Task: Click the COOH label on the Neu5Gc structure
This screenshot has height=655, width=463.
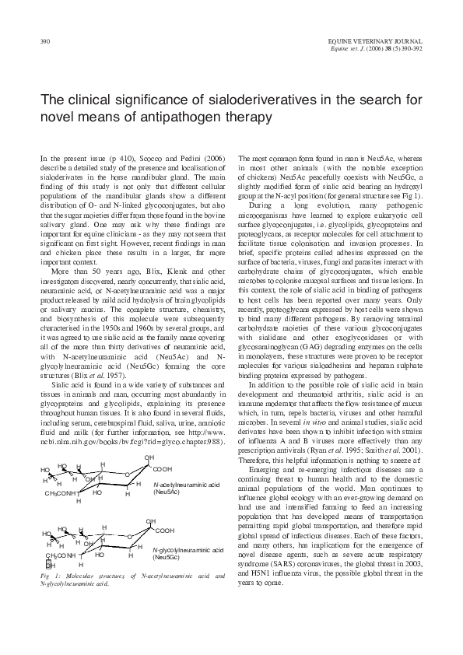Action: (165, 530)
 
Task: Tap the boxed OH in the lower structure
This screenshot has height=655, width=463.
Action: (50, 565)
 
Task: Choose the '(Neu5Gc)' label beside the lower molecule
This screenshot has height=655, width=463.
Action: (167, 557)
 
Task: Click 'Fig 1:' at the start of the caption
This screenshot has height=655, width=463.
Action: (47, 576)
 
